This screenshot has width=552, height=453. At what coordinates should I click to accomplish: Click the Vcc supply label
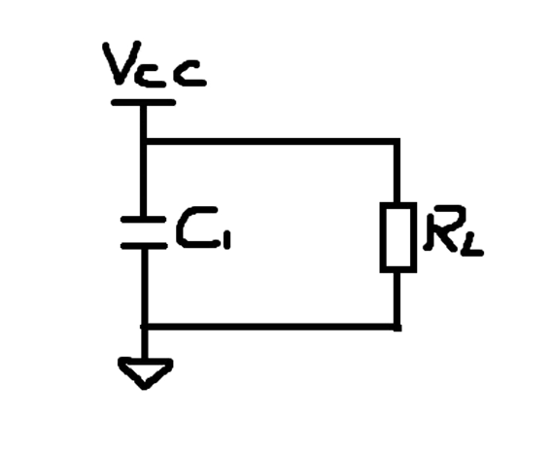click(x=155, y=64)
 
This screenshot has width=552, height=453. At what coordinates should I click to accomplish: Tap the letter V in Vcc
click(x=121, y=63)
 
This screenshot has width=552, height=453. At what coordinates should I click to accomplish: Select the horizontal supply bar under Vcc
click(x=143, y=102)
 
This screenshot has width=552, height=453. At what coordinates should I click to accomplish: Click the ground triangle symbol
click(x=145, y=372)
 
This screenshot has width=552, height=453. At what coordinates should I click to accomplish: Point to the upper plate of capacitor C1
click(x=143, y=220)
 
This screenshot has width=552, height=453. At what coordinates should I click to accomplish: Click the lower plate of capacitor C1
click(x=144, y=246)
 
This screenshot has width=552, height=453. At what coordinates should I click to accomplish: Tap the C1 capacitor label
click(x=203, y=227)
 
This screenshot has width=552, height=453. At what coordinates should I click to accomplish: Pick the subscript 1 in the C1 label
click(x=227, y=240)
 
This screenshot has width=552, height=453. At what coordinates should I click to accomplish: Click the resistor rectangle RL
click(x=398, y=237)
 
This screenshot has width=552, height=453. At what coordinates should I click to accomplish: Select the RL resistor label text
click(x=454, y=229)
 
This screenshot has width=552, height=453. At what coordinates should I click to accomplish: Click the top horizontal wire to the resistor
click(x=270, y=142)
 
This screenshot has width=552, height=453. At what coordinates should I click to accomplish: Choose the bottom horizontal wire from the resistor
click(x=270, y=327)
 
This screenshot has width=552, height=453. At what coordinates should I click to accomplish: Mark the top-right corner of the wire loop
click(x=397, y=142)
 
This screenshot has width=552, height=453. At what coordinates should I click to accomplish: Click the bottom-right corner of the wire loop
click(x=397, y=328)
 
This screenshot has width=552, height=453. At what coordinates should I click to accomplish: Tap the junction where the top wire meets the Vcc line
click(x=143, y=142)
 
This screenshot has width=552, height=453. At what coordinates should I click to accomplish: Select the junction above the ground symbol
click(x=144, y=327)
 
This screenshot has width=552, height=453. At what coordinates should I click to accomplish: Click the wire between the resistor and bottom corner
click(x=397, y=298)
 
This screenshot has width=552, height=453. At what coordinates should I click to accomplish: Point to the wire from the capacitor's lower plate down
click(x=144, y=286)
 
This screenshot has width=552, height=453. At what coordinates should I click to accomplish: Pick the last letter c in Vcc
click(x=191, y=74)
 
